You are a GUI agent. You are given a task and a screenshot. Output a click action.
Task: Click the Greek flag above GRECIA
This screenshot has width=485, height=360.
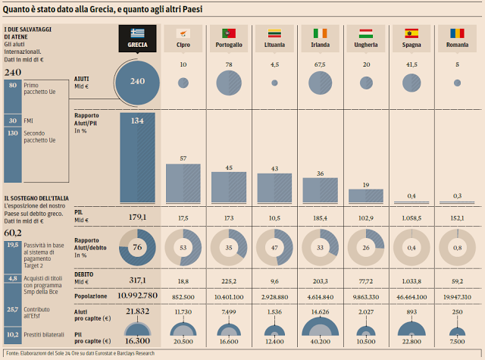tap(137, 33)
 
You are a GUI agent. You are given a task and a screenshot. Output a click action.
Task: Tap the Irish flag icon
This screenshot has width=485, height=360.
tap(320, 33)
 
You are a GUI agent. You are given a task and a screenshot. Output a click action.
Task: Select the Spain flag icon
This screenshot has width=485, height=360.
tap(411, 33)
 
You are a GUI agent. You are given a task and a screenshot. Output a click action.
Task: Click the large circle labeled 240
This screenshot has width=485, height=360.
tap(137, 82)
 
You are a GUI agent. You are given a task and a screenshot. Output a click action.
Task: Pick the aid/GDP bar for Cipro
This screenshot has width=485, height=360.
tap(182, 182)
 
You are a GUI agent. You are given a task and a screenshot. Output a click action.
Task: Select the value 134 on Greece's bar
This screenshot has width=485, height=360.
tap(137, 119)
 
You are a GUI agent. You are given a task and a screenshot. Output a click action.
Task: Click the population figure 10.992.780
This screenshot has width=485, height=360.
tap(137, 295)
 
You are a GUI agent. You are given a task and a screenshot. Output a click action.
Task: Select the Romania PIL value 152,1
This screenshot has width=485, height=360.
tap(458, 218)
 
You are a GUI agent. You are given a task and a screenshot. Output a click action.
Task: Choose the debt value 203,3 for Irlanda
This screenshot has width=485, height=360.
tap(320, 280)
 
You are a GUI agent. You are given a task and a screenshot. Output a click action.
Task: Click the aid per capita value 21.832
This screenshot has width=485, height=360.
tap(137, 311)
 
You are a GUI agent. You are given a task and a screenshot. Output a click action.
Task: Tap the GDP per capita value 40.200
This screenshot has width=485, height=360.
tap(320, 342)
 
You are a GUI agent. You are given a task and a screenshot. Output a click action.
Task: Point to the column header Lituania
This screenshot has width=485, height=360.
tap(274, 45)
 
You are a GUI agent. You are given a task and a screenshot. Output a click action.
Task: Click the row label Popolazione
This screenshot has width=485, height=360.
tap(91, 295)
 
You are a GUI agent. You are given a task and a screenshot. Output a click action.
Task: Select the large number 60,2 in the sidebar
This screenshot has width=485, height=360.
tap(13, 233)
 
